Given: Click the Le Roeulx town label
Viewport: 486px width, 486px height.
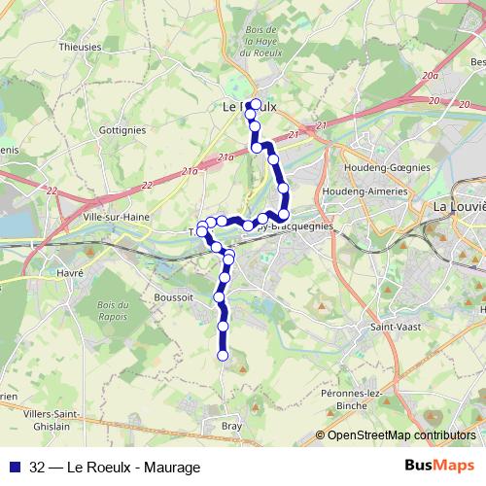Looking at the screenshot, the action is pyautogui.click(x=244, y=105).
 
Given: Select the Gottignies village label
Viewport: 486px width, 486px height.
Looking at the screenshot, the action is pyautogui.click(x=122, y=128).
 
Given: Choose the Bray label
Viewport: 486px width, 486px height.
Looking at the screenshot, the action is pyautogui.click(x=232, y=426).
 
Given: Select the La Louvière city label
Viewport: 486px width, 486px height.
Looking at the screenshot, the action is pyautogui.click(x=458, y=206).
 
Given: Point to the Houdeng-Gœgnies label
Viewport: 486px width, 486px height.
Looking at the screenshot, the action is pyautogui.click(x=389, y=167).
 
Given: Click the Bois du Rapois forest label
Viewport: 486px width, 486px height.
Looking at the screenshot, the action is pyautogui.click(x=114, y=312).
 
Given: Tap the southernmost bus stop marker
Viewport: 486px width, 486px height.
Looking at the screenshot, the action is pyautogui.click(x=222, y=356).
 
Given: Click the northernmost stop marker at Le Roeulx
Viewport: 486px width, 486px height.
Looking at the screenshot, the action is pyautogui.click(x=255, y=103).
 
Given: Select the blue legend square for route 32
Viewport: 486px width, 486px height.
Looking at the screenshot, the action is pyautogui.click(x=14, y=467).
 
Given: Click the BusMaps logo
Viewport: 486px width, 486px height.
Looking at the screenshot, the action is pyautogui.click(x=439, y=466).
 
